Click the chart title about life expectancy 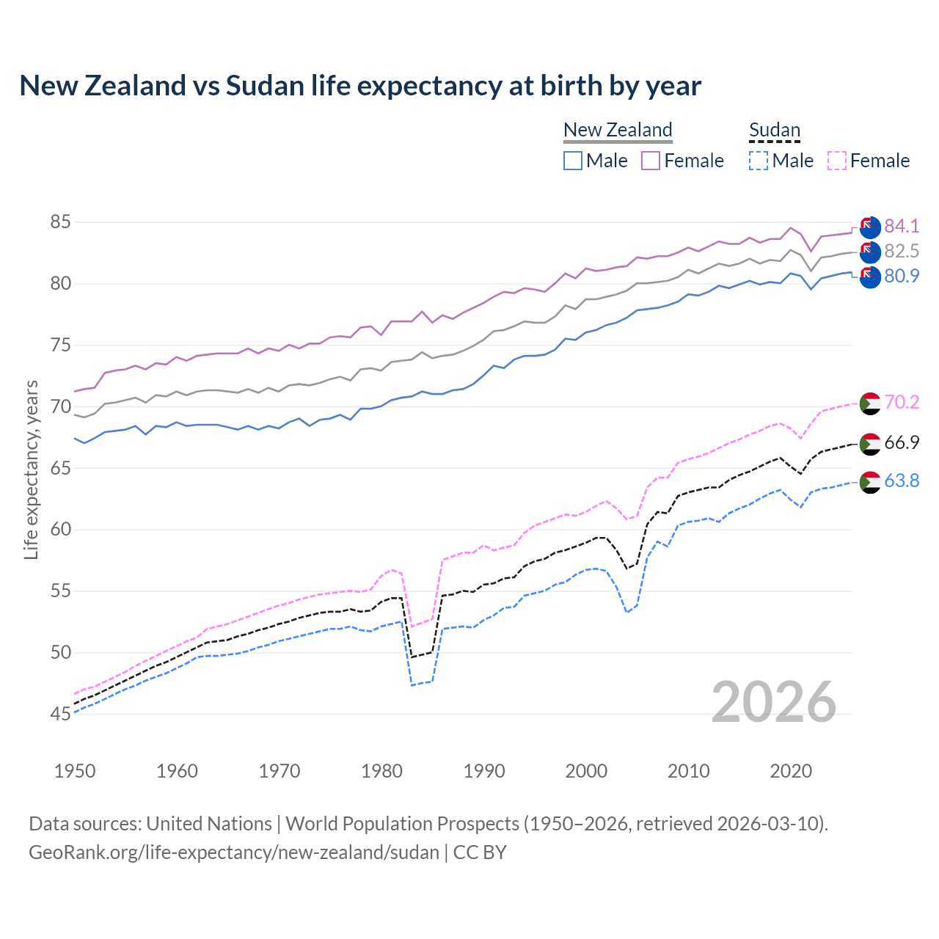coord(360,86)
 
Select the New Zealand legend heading coord(618,130)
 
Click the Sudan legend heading coord(774,130)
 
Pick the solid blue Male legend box coord(573,161)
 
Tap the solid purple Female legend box coord(651,161)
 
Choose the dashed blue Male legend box coord(759,161)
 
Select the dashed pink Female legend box coord(836,161)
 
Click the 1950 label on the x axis coord(75,771)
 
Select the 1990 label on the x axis coord(484,771)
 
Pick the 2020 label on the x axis coord(791,771)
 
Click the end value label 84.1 coord(902,226)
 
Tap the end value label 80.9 coord(902,276)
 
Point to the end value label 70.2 coord(902,402)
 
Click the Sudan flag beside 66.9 coord(869,444)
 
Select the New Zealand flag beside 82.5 coord(869,252)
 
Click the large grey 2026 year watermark coord(774,702)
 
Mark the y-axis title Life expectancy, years coord(31,469)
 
